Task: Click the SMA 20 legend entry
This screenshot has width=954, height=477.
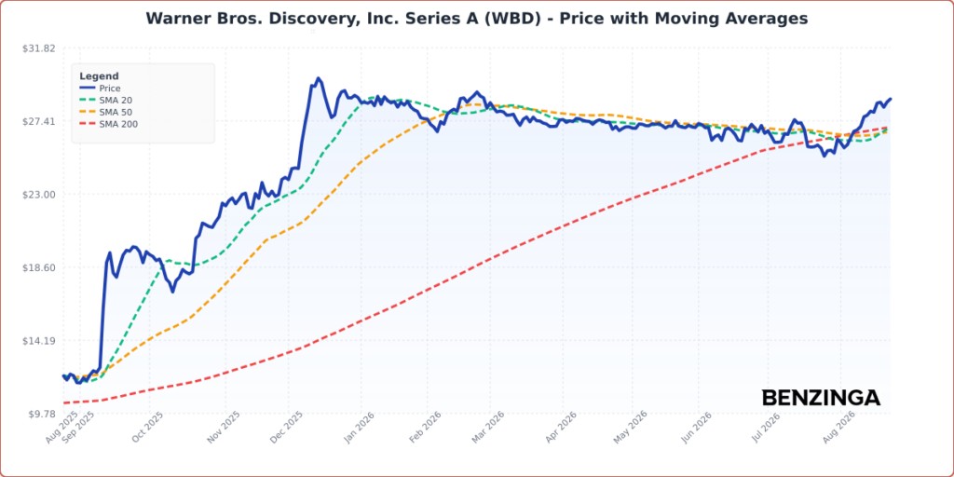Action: point(106,101)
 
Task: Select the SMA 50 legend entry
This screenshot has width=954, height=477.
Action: point(106,113)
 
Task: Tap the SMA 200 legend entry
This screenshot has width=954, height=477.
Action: point(108,125)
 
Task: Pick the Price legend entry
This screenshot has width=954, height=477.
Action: point(100,89)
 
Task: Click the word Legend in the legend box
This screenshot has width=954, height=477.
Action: point(99,76)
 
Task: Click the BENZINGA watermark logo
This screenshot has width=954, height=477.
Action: point(821,398)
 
